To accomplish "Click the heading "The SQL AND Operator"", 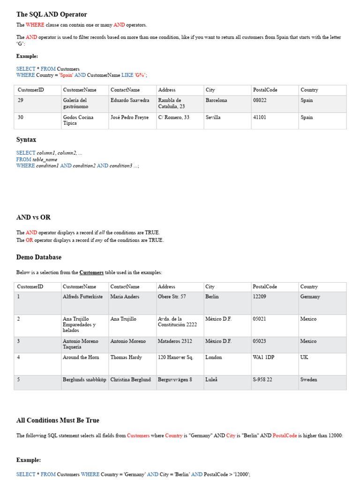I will point(52,15).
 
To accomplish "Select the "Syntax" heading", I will point(26,140).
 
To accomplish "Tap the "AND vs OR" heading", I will point(33,217).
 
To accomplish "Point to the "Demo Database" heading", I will point(39,257).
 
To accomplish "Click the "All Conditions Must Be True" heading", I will point(58,420).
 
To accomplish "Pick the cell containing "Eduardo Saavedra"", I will point(130,100).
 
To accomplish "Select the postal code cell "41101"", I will point(259,118).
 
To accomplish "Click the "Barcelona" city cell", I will point(216,100).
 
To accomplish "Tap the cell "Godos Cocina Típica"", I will point(78,120).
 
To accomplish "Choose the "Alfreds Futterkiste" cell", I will point(82,297).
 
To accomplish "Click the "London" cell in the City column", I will point(214,358).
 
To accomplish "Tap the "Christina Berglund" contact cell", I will point(131,380).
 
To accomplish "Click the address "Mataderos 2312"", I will point(172,342).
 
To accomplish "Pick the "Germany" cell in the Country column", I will point(310,297).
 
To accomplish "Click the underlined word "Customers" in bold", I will point(91,272).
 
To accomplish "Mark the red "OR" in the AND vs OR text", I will point(29,240).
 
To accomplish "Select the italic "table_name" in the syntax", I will point(45,159).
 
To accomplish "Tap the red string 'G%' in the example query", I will point(140,75).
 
